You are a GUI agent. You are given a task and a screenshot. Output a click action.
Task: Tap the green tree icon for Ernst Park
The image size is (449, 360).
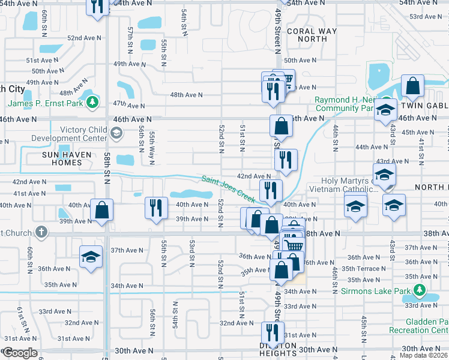coord(92,103)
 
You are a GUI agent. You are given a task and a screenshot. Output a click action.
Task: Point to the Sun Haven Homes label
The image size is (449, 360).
coord(53,158)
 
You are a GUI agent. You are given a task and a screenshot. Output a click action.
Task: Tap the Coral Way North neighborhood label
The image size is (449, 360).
coord(307,35)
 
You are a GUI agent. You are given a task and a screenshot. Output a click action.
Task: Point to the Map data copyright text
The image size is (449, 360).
coord(424,355)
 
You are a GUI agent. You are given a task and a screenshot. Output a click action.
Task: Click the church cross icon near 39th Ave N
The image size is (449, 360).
coord(41,232)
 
